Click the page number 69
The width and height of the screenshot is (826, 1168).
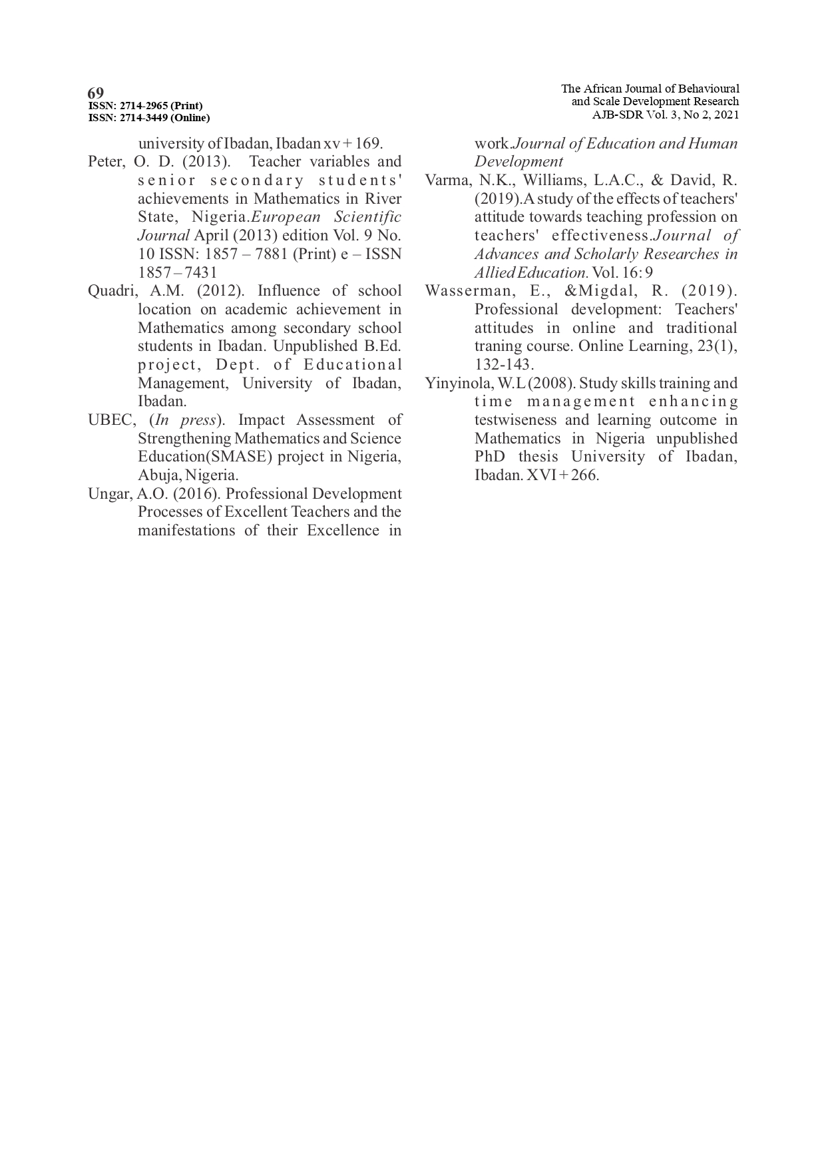click(x=96, y=93)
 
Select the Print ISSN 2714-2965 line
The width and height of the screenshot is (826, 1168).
click(x=145, y=106)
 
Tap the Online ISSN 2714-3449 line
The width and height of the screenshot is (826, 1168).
click(x=149, y=118)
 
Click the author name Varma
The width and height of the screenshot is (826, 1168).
click(x=447, y=180)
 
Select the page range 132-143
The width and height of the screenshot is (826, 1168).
click(x=503, y=365)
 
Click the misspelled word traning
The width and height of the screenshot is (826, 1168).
click(x=499, y=346)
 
